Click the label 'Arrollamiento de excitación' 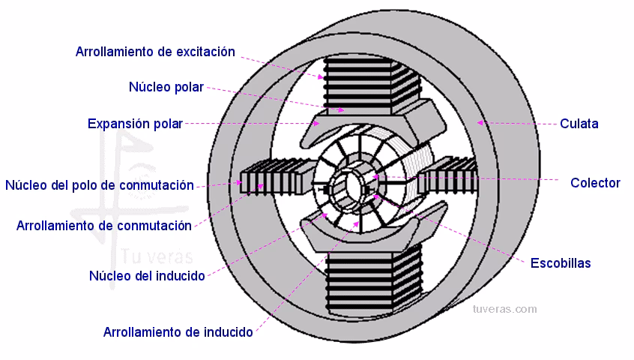155,52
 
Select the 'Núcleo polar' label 166,87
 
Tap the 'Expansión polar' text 135,124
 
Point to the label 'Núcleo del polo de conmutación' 100,185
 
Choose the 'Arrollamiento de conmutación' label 104,225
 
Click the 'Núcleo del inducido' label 147,275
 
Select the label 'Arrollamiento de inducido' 178,331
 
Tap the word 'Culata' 579,124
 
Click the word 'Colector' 595,182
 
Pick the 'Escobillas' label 561,262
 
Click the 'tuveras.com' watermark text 504,309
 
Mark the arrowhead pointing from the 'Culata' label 480,122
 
